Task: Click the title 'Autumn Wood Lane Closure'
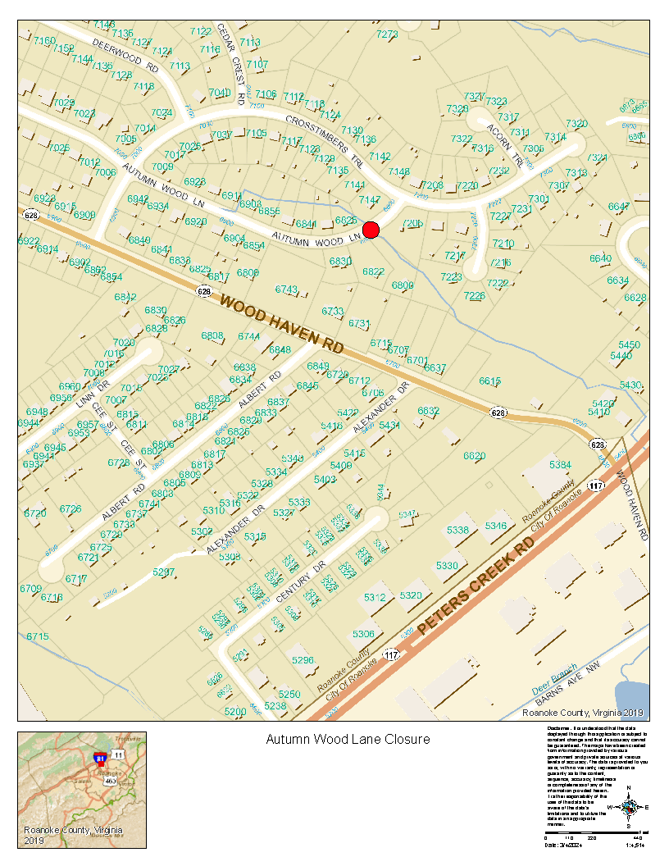pyautogui.click(x=348, y=739)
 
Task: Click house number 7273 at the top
pyautogui.click(x=387, y=34)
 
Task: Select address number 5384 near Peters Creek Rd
pyautogui.click(x=560, y=465)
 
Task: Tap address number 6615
pyautogui.click(x=490, y=381)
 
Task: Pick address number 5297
pyautogui.click(x=164, y=572)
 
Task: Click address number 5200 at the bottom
pyautogui.click(x=234, y=711)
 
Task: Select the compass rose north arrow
pyautogui.click(x=629, y=806)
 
